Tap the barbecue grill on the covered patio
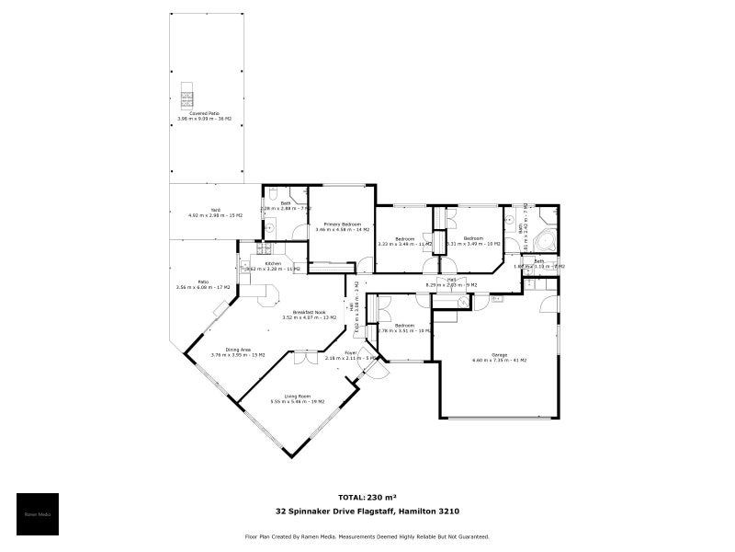(187, 93)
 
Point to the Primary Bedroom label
(342, 226)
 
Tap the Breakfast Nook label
(310, 315)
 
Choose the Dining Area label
(238, 351)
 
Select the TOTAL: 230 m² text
(367, 496)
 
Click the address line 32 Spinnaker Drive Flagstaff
(367, 512)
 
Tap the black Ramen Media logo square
(38, 514)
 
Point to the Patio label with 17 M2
(202, 284)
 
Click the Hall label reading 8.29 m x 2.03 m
(451, 282)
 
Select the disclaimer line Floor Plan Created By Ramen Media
(367, 536)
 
